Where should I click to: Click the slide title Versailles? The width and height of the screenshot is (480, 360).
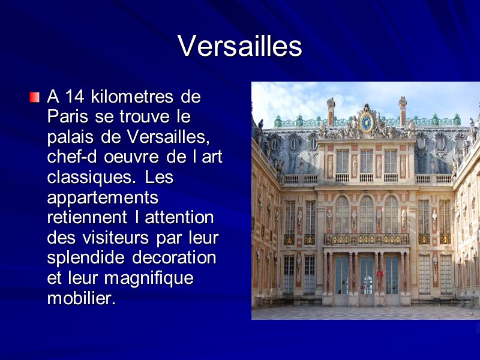[x=239, y=46]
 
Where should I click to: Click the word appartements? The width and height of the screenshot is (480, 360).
[x=102, y=198]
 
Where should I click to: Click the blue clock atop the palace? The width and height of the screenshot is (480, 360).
[x=366, y=122]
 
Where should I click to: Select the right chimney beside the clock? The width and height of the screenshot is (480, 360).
[x=402, y=111]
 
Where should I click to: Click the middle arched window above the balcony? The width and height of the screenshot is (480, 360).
[x=366, y=214]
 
